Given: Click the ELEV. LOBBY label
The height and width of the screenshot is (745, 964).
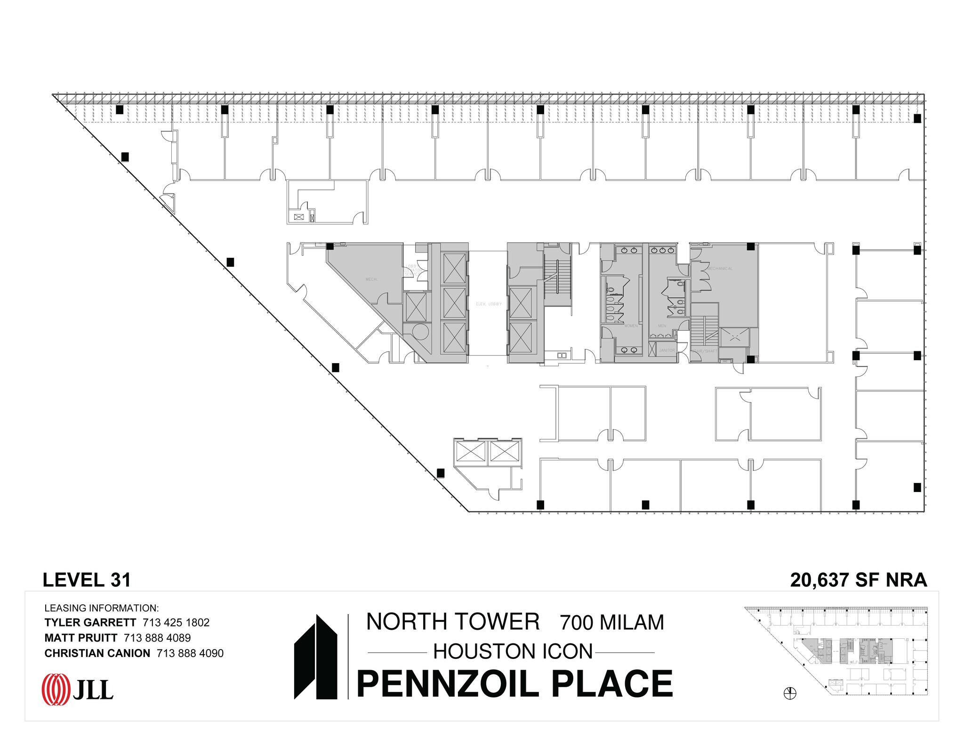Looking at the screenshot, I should [x=489, y=304].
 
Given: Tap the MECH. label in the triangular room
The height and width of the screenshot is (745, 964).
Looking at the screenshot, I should [x=371, y=279].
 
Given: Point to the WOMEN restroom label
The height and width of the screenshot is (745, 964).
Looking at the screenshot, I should [x=631, y=326].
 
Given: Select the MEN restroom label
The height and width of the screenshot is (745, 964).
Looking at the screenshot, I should [x=662, y=326].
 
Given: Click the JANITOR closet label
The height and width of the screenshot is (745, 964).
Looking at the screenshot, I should [x=667, y=350].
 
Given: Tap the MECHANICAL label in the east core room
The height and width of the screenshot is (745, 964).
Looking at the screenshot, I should [x=720, y=269].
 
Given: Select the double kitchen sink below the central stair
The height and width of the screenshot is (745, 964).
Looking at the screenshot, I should [x=562, y=356].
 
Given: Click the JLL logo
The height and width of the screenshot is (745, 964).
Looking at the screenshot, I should [x=78, y=690].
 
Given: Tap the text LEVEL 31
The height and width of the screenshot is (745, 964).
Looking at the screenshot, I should [x=87, y=580].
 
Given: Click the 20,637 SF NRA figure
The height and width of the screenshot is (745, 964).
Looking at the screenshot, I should [x=858, y=580].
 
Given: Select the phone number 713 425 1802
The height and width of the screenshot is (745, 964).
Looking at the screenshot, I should [x=176, y=622].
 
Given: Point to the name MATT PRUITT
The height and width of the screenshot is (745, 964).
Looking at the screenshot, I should [x=80, y=638].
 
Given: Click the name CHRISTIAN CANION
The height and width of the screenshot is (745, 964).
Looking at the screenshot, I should [x=97, y=653].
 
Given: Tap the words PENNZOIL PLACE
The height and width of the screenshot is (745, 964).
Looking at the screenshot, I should [x=514, y=684].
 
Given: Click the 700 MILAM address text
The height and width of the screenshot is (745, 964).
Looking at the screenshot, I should [x=611, y=623].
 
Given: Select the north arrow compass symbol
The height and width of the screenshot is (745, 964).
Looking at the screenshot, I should [x=790, y=693].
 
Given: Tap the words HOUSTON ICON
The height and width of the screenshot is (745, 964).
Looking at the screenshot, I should [x=513, y=652].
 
